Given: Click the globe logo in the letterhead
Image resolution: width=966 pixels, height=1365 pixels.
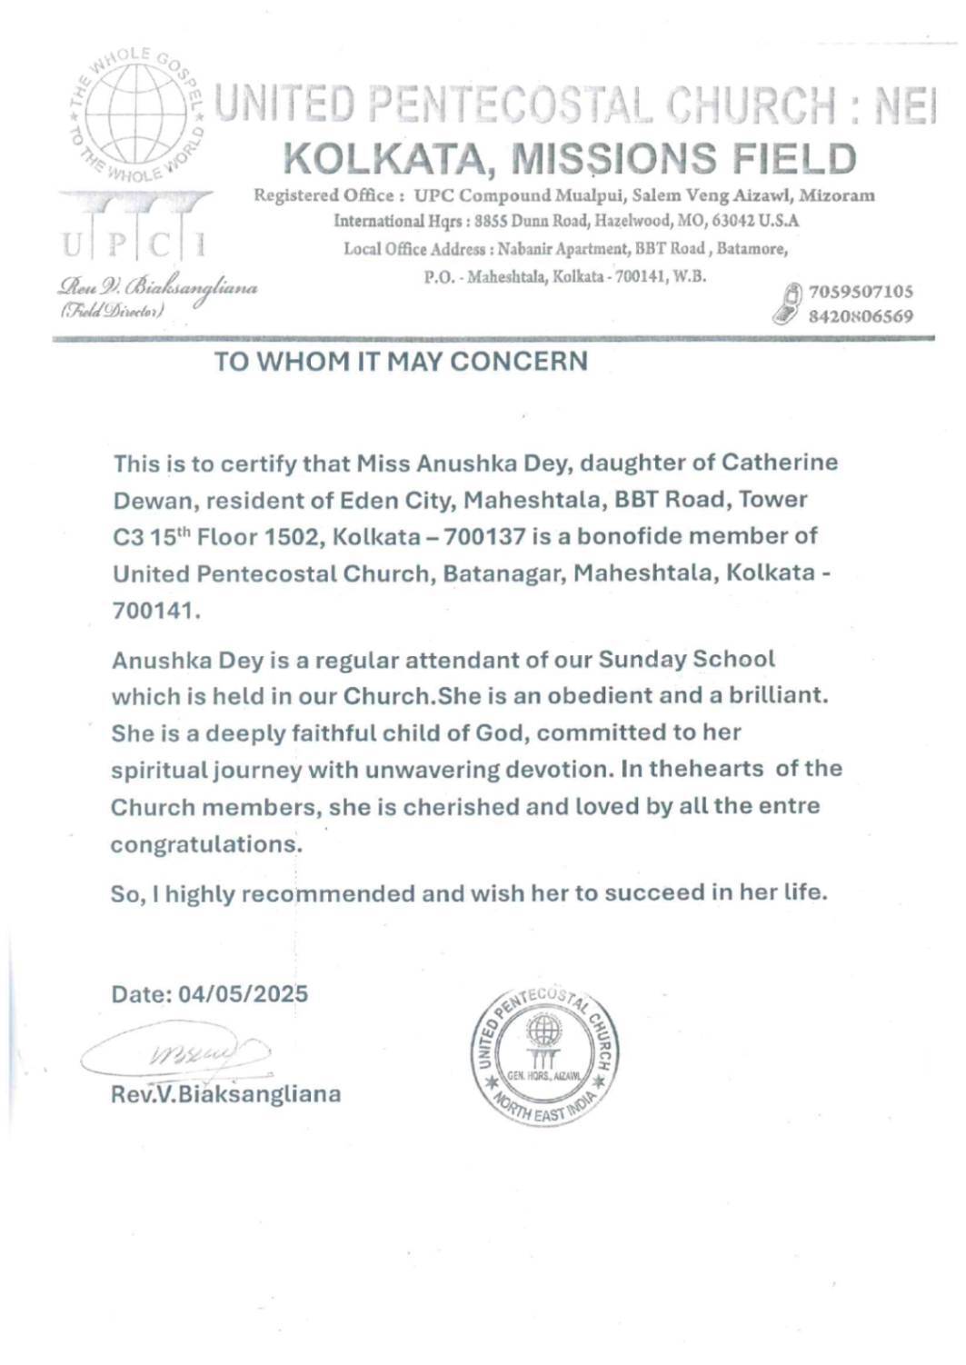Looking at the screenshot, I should click(x=136, y=114).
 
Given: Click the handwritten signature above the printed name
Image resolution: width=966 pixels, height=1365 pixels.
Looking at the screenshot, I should click(x=177, y=1054).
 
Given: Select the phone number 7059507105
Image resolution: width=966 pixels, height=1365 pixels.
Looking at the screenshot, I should click(x=860, y=292).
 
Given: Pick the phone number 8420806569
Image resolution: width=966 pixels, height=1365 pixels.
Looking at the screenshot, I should click(x=860, y=316).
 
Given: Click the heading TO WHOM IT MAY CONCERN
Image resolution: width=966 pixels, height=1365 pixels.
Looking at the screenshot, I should click(x=401, y=362).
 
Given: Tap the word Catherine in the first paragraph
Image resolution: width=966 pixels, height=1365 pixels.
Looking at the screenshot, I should click(x=780, y=463).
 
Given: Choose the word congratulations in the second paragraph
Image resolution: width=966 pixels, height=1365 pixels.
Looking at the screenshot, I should click(x=204, y=844).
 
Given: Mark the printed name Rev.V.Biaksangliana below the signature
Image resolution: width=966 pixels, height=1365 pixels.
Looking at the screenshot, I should click(x=225, y=1093).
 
